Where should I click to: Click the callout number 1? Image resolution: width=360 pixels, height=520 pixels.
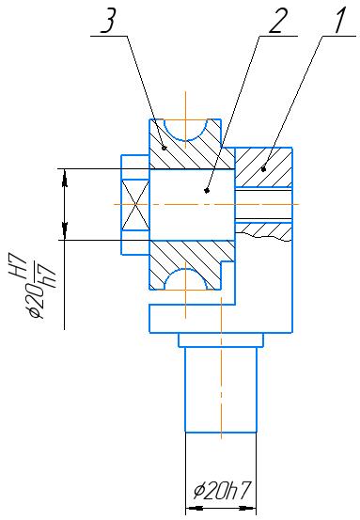(x=338, y=21)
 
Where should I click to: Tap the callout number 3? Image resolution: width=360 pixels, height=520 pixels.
(x=108, y=21)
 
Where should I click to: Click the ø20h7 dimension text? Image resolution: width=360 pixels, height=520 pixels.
(x=221, y=491)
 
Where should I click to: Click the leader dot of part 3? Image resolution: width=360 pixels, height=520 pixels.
(x=164, y=148)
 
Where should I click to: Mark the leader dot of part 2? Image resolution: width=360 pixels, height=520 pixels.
(x=207, y=191)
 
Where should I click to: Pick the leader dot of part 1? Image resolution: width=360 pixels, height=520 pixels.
(x=264, y=170)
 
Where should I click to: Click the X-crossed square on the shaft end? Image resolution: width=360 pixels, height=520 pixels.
(x=135, y=205)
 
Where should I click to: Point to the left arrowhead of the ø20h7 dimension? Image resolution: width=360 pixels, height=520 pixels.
(x=195, y=508)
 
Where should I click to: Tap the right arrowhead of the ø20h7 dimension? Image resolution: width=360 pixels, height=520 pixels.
(x=247, y=508)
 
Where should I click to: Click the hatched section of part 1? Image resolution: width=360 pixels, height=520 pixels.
(x=263, y=167)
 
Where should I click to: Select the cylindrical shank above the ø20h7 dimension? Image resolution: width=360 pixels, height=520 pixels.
(x=221, y=389)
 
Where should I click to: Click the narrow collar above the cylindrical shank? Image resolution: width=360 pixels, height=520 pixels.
(x=221, y=339)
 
